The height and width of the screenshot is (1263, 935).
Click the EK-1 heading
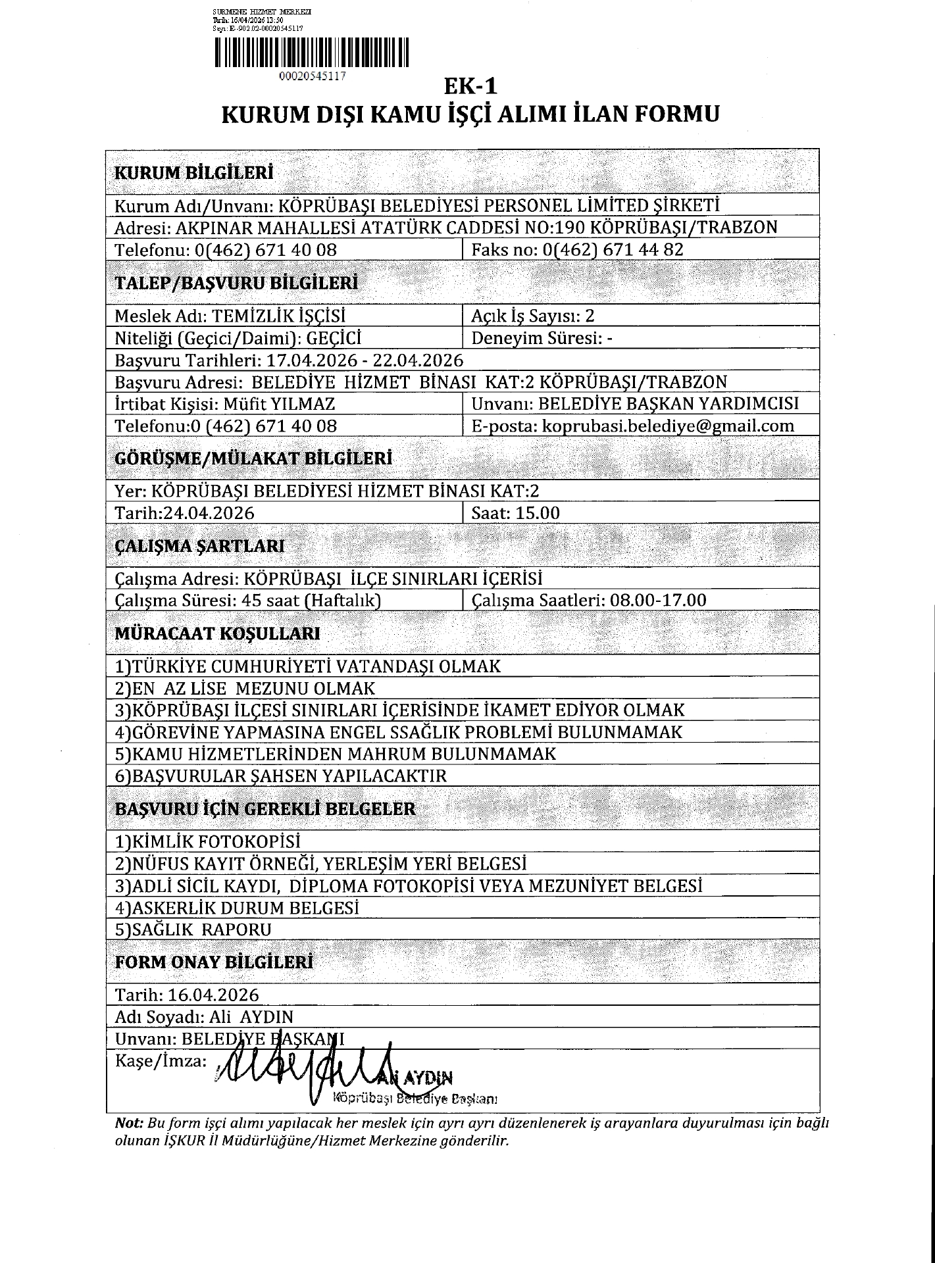(x=470, y=86)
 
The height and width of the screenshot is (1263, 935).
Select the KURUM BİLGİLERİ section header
(x=194, y=173)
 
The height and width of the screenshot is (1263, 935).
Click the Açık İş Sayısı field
(x=533, y=316)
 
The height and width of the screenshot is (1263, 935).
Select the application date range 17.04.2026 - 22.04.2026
(x=365, y=360)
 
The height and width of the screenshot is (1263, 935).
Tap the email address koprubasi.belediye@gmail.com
(x=668, y=426)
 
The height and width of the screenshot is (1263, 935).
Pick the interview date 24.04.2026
(x=209, y=513)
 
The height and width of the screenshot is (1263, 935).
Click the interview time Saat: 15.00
(x=516, y=513)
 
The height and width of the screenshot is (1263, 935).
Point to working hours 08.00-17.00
(x=658, y=600)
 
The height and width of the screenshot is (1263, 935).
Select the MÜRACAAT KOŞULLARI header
(x=218, y=633)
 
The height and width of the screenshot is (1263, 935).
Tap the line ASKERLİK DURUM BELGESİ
(x=238, y=908)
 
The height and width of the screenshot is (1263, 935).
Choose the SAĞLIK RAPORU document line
(x=193, y=929)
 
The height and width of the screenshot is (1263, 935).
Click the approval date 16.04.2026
(x=214, y=995)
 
